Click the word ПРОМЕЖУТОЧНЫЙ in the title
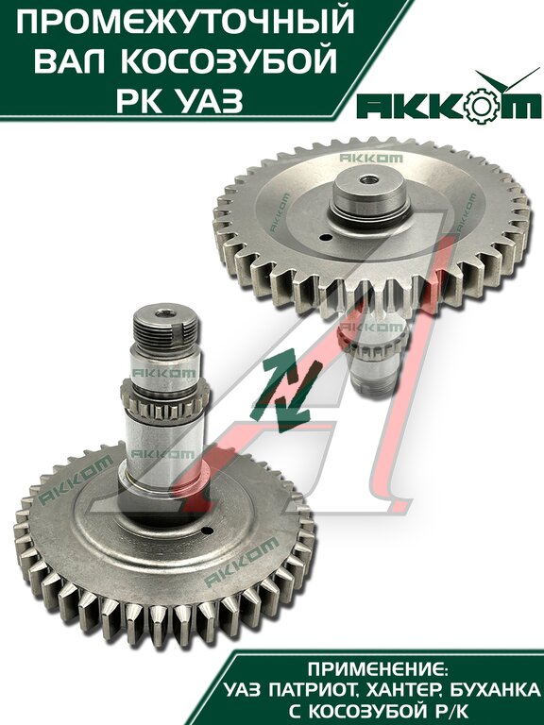coord(185,21)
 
